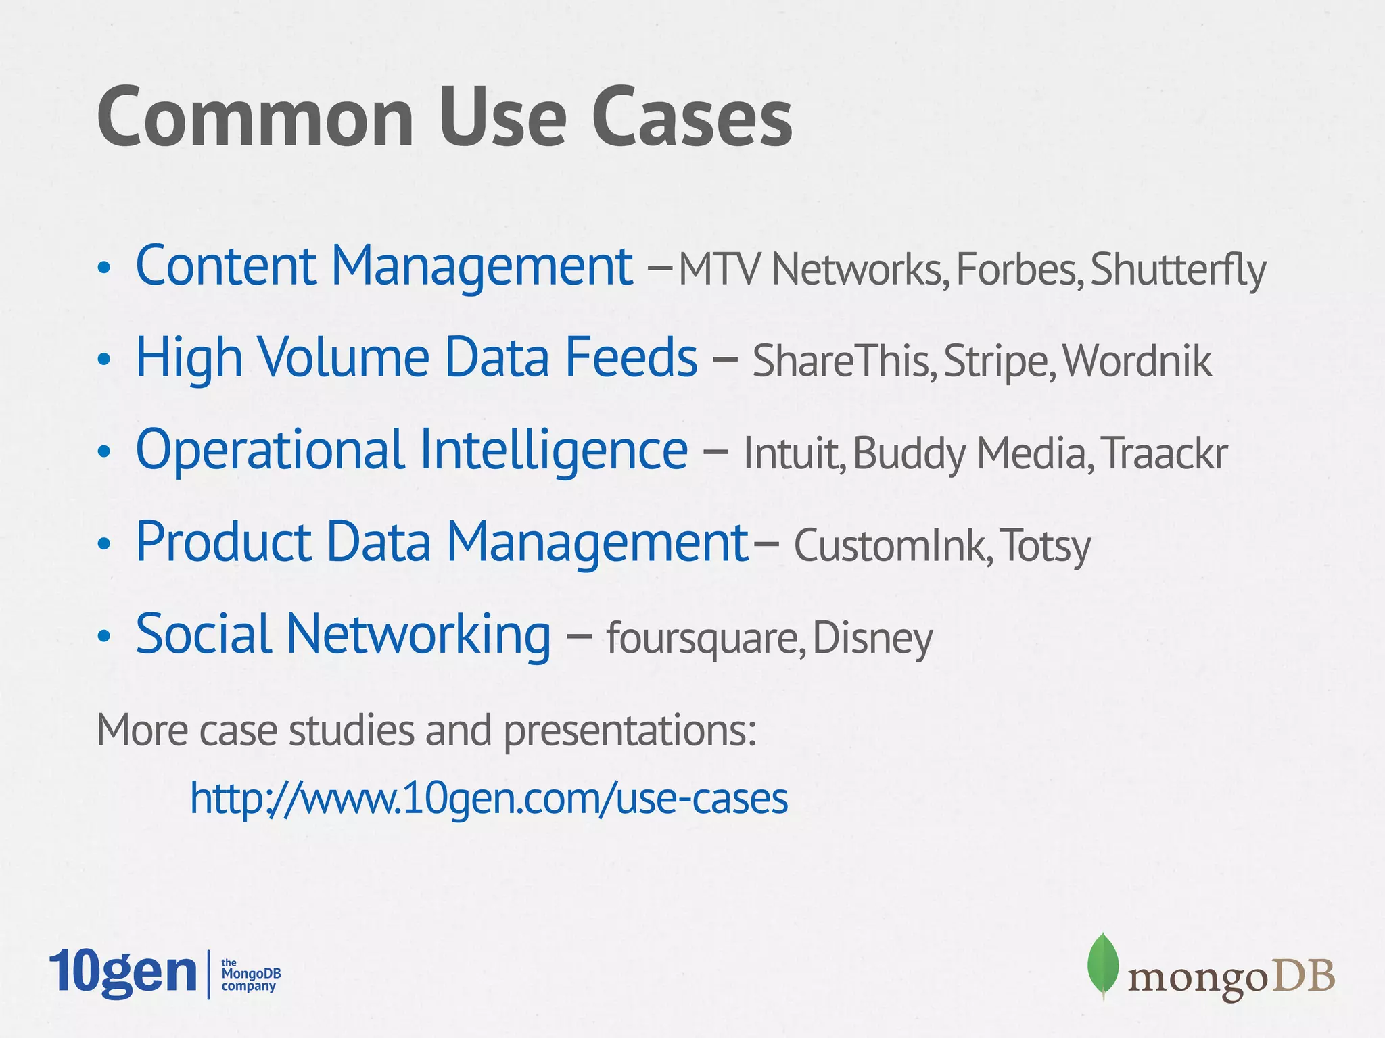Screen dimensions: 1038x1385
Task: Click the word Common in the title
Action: point(255,118)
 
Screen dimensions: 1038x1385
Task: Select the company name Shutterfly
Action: point(1177,270)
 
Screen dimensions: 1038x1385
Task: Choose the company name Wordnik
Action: point(1137,361)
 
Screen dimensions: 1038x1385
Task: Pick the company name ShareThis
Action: point(843,361)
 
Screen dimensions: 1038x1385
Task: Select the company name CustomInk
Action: point(891,545)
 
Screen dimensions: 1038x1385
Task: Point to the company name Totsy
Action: point(1045,545)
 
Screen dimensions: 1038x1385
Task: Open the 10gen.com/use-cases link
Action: point(488,798)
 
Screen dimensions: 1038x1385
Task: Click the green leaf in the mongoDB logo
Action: point(1103,964)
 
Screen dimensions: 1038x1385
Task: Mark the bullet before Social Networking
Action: point(103,636)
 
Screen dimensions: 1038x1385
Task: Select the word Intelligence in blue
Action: point(553,450)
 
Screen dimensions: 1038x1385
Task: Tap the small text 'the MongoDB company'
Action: point(250,974)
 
